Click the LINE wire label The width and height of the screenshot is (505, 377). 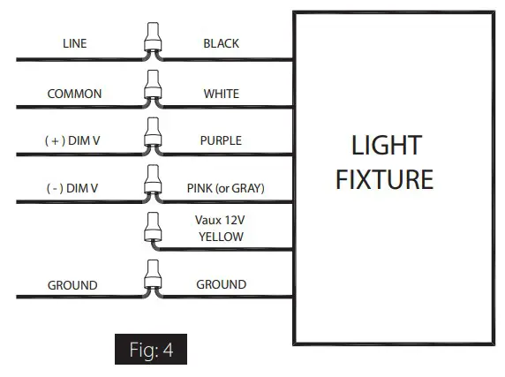(74, 43)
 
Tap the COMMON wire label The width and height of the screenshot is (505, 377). (74, 94)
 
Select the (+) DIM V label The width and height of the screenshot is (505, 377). (74, 140)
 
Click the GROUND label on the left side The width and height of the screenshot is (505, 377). (72, 285)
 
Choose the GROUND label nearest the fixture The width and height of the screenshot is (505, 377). (221, 285)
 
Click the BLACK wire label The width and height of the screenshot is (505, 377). (221, 43)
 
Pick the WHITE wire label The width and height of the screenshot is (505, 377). (221, 94)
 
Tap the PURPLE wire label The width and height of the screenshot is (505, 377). (221, 140)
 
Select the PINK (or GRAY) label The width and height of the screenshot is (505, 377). (226, 188)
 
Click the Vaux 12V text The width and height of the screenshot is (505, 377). (220, 221)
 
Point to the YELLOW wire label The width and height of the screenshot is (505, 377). (221, 237)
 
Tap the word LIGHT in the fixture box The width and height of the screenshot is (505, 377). (387, 145)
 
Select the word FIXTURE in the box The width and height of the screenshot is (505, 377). (387, 179)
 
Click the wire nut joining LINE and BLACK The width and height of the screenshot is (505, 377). (150, 40)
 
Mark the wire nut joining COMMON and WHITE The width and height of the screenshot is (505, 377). (150, 88)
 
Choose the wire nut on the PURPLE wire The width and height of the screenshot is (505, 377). (150, 135)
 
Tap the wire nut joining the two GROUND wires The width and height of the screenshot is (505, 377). (150, 279)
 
